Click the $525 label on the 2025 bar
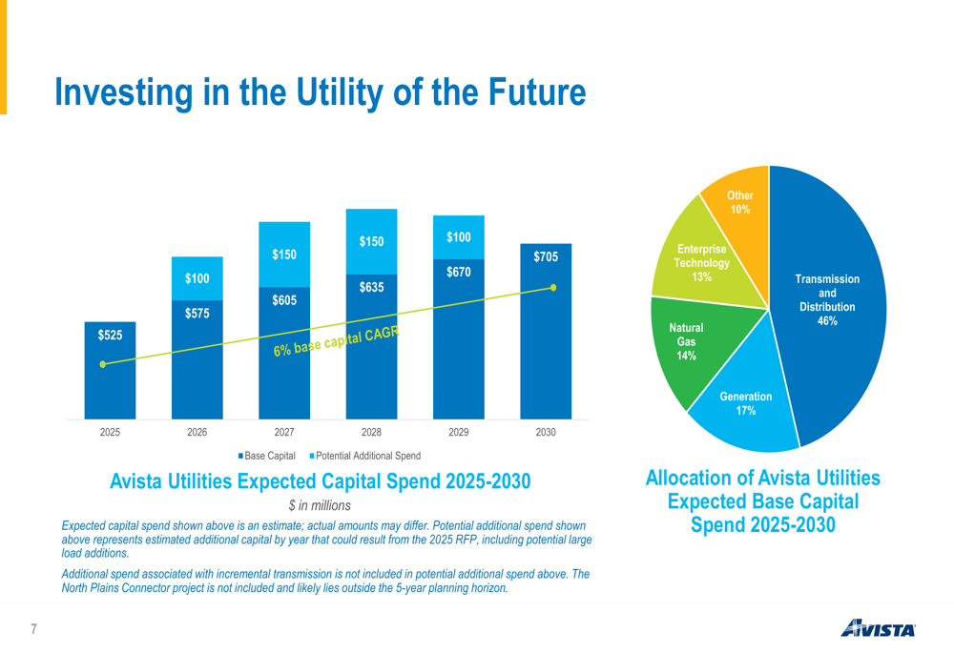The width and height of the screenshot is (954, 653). [110, 335]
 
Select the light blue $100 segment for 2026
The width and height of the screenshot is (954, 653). [197, 278]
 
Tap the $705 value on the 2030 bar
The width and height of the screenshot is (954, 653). [546, 256]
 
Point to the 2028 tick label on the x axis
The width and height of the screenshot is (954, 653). [371, 432]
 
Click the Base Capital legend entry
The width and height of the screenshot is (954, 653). [266, 456]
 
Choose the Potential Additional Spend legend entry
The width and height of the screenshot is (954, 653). [365, 456]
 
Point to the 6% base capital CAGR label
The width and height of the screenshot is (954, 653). [337, 341]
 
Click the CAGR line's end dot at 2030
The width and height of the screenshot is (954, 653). [553, 288]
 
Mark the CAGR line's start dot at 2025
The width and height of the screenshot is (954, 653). [103, 364]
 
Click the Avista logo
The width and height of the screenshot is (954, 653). [878, 628]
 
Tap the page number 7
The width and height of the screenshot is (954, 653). [34, 629]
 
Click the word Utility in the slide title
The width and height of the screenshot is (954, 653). [342, 93]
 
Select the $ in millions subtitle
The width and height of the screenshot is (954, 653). [320, 506]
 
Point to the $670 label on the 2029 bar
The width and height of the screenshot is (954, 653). [459, 272]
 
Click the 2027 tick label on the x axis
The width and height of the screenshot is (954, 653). [284, 432]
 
